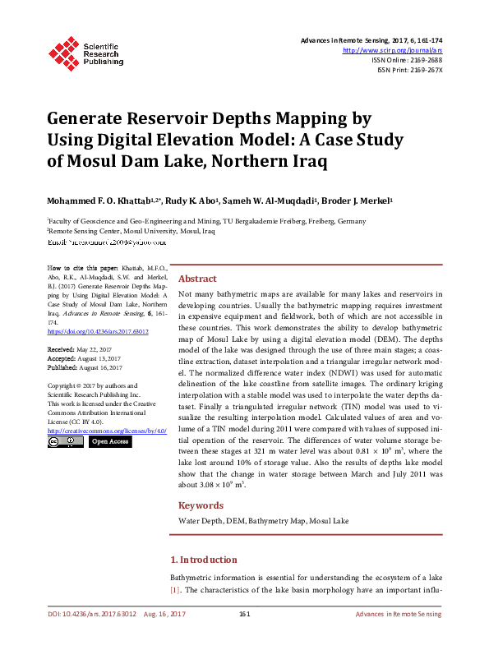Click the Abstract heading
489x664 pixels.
point(197,279)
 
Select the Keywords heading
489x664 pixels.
point(201,505)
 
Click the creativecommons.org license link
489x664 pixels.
point(107,431)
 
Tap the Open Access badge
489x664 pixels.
point(109,442)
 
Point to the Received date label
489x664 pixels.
point(62,349)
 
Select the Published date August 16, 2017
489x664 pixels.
point(98,367)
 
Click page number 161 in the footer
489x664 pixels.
point(244,615)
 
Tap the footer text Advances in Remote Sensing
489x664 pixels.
point(398,615)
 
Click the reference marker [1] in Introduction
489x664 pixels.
point(175,590)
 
